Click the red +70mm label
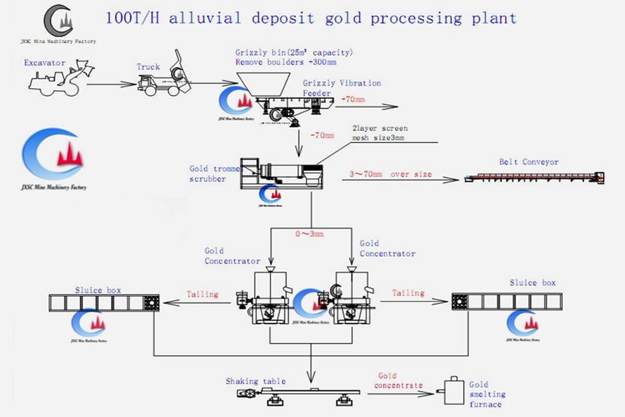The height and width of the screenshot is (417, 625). pyautogui.click(x=353, y=99)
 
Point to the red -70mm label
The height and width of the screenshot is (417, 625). pyautogui.click(x=321, y=135)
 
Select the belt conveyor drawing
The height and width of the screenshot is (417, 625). pyautogui.click(x=534, y=178)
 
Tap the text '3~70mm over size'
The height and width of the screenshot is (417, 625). pyautogui.click(x=390, y=174)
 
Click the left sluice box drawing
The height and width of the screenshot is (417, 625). pyautogui.click(x=104, y=303)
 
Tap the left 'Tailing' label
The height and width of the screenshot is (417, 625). pyautogui.click(x=203, y=294)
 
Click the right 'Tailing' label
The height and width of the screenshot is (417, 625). pyautogui.click(x=408, y=293)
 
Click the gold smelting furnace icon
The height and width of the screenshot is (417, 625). pyautogui.click(x=453, y=391)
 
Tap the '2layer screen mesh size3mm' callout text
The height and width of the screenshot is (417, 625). pyautogui.click(x=380, y=133)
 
